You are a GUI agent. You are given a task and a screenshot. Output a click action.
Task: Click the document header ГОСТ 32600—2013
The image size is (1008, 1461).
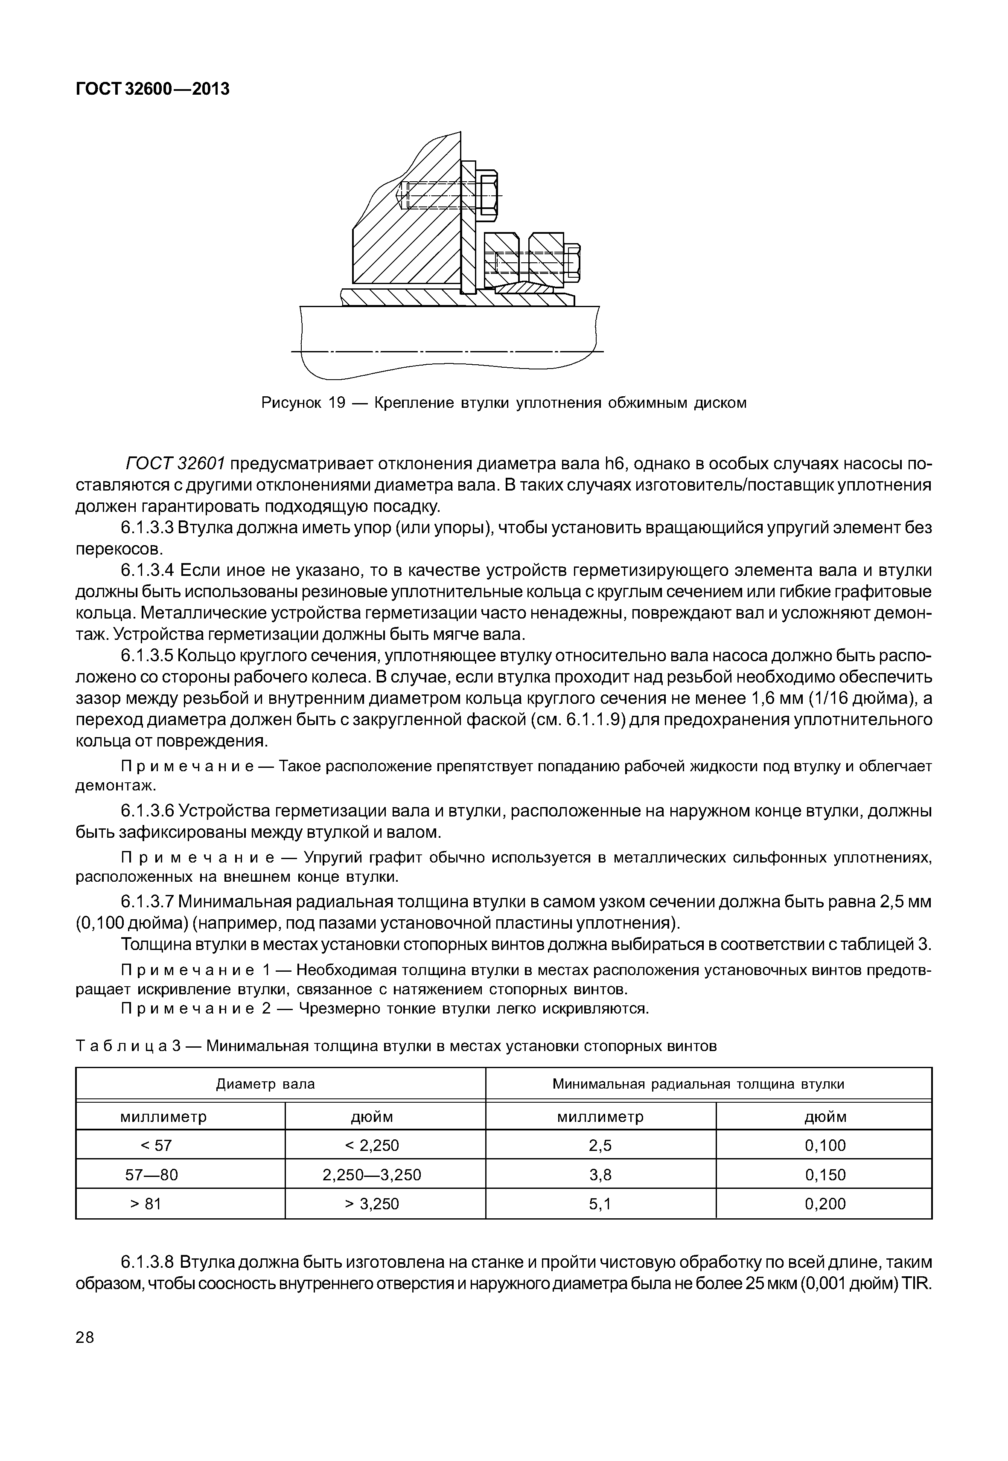(152, 90)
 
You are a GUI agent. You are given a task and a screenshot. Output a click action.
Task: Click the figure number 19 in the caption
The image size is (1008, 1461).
(335, 403)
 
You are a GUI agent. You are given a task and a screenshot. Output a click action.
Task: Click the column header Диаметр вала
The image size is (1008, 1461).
(265, 1084)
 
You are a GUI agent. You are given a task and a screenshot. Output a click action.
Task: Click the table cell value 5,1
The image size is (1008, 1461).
(600, 1204)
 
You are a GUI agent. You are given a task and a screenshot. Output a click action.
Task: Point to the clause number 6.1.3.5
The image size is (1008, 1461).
(146, 656)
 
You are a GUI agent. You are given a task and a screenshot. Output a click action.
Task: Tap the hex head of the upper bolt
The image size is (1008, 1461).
(488, 195)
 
